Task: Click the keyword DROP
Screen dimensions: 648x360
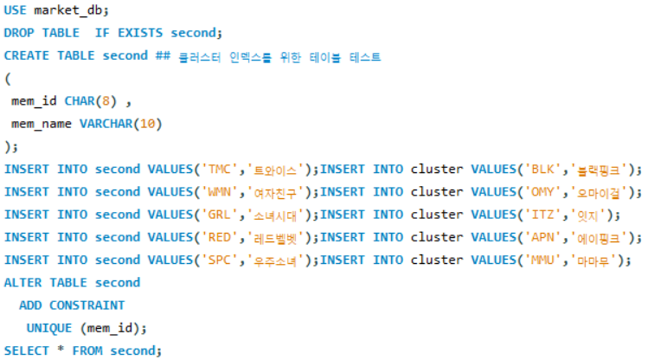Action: [x=19, y=33]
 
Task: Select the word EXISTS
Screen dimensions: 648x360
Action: [x=140, y=33]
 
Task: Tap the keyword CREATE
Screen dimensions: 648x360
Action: [x=27, y=55]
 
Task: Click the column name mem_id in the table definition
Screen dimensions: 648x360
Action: [x=34, y=101]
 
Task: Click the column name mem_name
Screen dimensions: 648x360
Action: [x=42, y=124]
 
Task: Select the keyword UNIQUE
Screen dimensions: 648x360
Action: [x=49, y=327]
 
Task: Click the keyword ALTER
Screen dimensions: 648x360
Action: [x=22, y=282]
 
